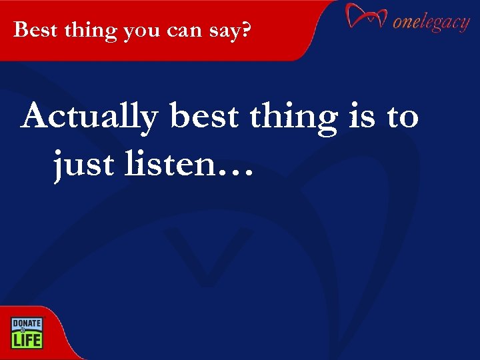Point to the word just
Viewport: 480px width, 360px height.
[x=79, y=164]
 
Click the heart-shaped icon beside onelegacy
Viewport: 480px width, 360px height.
[x=366, y=16]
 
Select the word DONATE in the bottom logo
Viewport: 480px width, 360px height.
[x=26, y=323]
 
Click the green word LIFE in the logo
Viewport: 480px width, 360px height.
[x=26, y=339]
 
